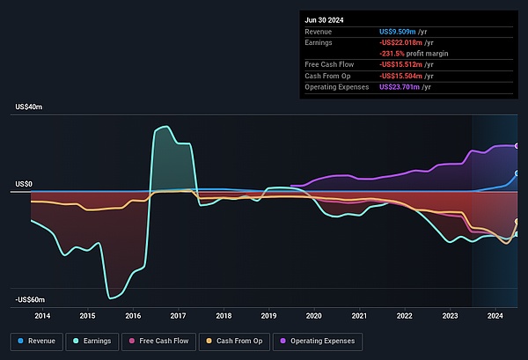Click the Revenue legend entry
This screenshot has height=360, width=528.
[x=36, y=341]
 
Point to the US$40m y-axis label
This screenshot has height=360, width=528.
[x=29, y=107]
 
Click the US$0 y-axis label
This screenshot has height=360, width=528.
[x=25, y=184]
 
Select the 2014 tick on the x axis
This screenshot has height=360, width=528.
[x=41, y=315]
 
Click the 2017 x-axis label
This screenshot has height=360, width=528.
[x=178, y=315]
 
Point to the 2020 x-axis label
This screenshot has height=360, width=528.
[x=314, y=315]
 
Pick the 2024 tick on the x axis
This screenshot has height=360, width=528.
[x=495, y=315]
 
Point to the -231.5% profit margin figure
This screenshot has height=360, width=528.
[x=393, y=54]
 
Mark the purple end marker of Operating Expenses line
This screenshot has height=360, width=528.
[x=517, y=146]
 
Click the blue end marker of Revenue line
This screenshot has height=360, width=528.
[x=517, y=173]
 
